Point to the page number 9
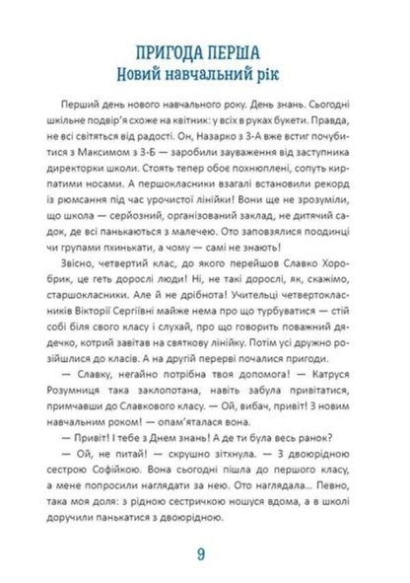[x=204, y=551]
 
